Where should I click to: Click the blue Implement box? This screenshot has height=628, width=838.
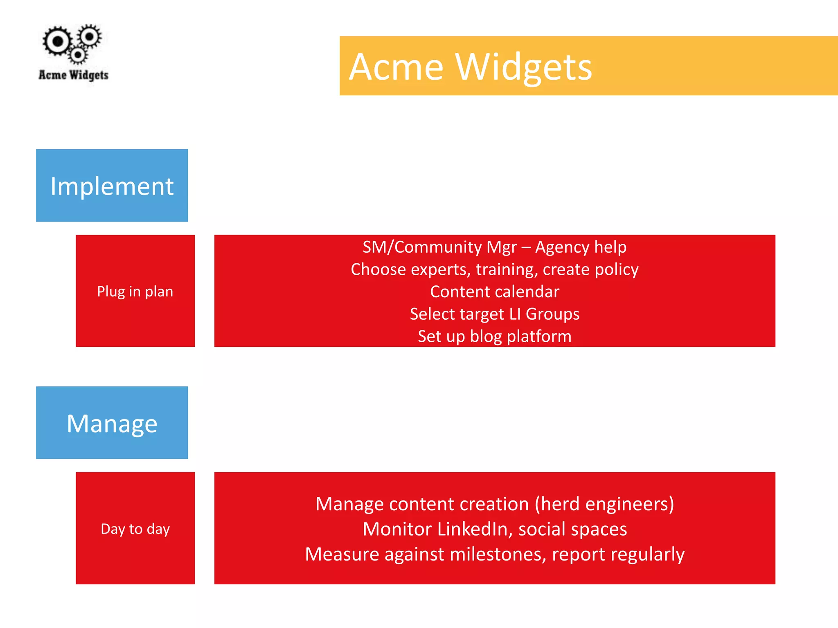click(x=112, y=185)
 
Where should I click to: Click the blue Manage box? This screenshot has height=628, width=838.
click(x=112, y=422)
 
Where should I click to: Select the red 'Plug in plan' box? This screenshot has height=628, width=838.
click(x=135, y=291)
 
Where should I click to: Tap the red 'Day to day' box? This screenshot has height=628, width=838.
click(x=135, y=528)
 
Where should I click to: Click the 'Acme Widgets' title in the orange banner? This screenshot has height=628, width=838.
click(x=470, y=67)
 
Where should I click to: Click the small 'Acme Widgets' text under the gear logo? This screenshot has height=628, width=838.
click(x=73, y=75)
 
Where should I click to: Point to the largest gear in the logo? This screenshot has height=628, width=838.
click(x=58, y=41)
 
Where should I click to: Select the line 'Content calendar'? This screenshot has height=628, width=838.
click(x=494, y=292)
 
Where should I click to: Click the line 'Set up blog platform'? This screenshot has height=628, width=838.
click(x=494, y=336)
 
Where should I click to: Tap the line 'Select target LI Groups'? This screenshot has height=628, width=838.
click(x=494, y=314)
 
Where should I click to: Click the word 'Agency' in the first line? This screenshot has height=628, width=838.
click(x=562, y=247)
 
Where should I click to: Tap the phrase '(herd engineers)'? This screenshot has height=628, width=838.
click(x=604, y=504)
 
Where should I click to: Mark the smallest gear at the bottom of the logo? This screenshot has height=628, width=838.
click(x=78, y=55)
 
